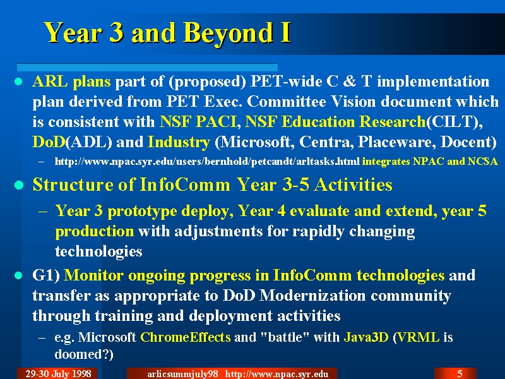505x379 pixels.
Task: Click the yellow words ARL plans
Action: [71, 82]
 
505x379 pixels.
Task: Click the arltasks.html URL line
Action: [207, 161]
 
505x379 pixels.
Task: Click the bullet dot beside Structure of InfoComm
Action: [19, 185]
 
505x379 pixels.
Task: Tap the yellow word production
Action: [94, 231]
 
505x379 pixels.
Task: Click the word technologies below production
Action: [98, 251]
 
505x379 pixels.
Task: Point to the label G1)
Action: [46, 275]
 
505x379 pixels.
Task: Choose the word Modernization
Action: [312, 296]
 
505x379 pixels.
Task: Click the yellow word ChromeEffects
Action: [186, 337]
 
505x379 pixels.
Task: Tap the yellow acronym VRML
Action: [419, 337]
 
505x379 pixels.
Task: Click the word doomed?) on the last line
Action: [84, 354]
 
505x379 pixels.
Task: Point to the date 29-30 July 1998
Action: [58, 373]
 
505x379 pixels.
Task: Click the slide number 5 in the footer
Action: [460, 373]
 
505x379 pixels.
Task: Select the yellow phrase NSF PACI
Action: [198, 122]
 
